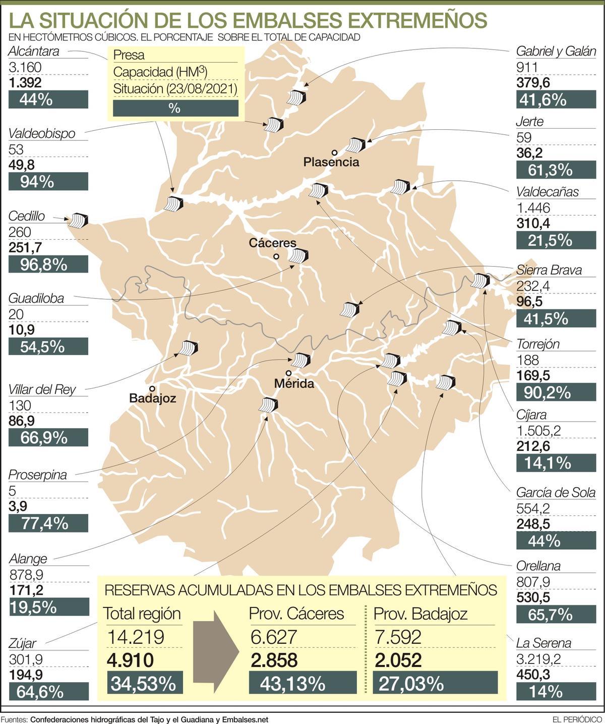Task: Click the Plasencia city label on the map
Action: click(331, 162)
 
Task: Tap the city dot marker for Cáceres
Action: click(276, 256)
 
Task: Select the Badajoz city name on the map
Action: click(152, 398)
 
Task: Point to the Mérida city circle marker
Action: click(288, 373)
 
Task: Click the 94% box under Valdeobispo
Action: click(48, 182)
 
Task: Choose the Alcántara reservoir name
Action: click(34, 51)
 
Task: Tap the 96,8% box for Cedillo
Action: click(48, 264)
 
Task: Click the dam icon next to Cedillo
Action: click(79, 221)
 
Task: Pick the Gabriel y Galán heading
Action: click(556, 51)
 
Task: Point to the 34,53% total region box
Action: click(143, 684)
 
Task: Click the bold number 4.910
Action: click(129, 660)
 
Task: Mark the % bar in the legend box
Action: click(175, 108)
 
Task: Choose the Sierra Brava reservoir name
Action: click(549, 270)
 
